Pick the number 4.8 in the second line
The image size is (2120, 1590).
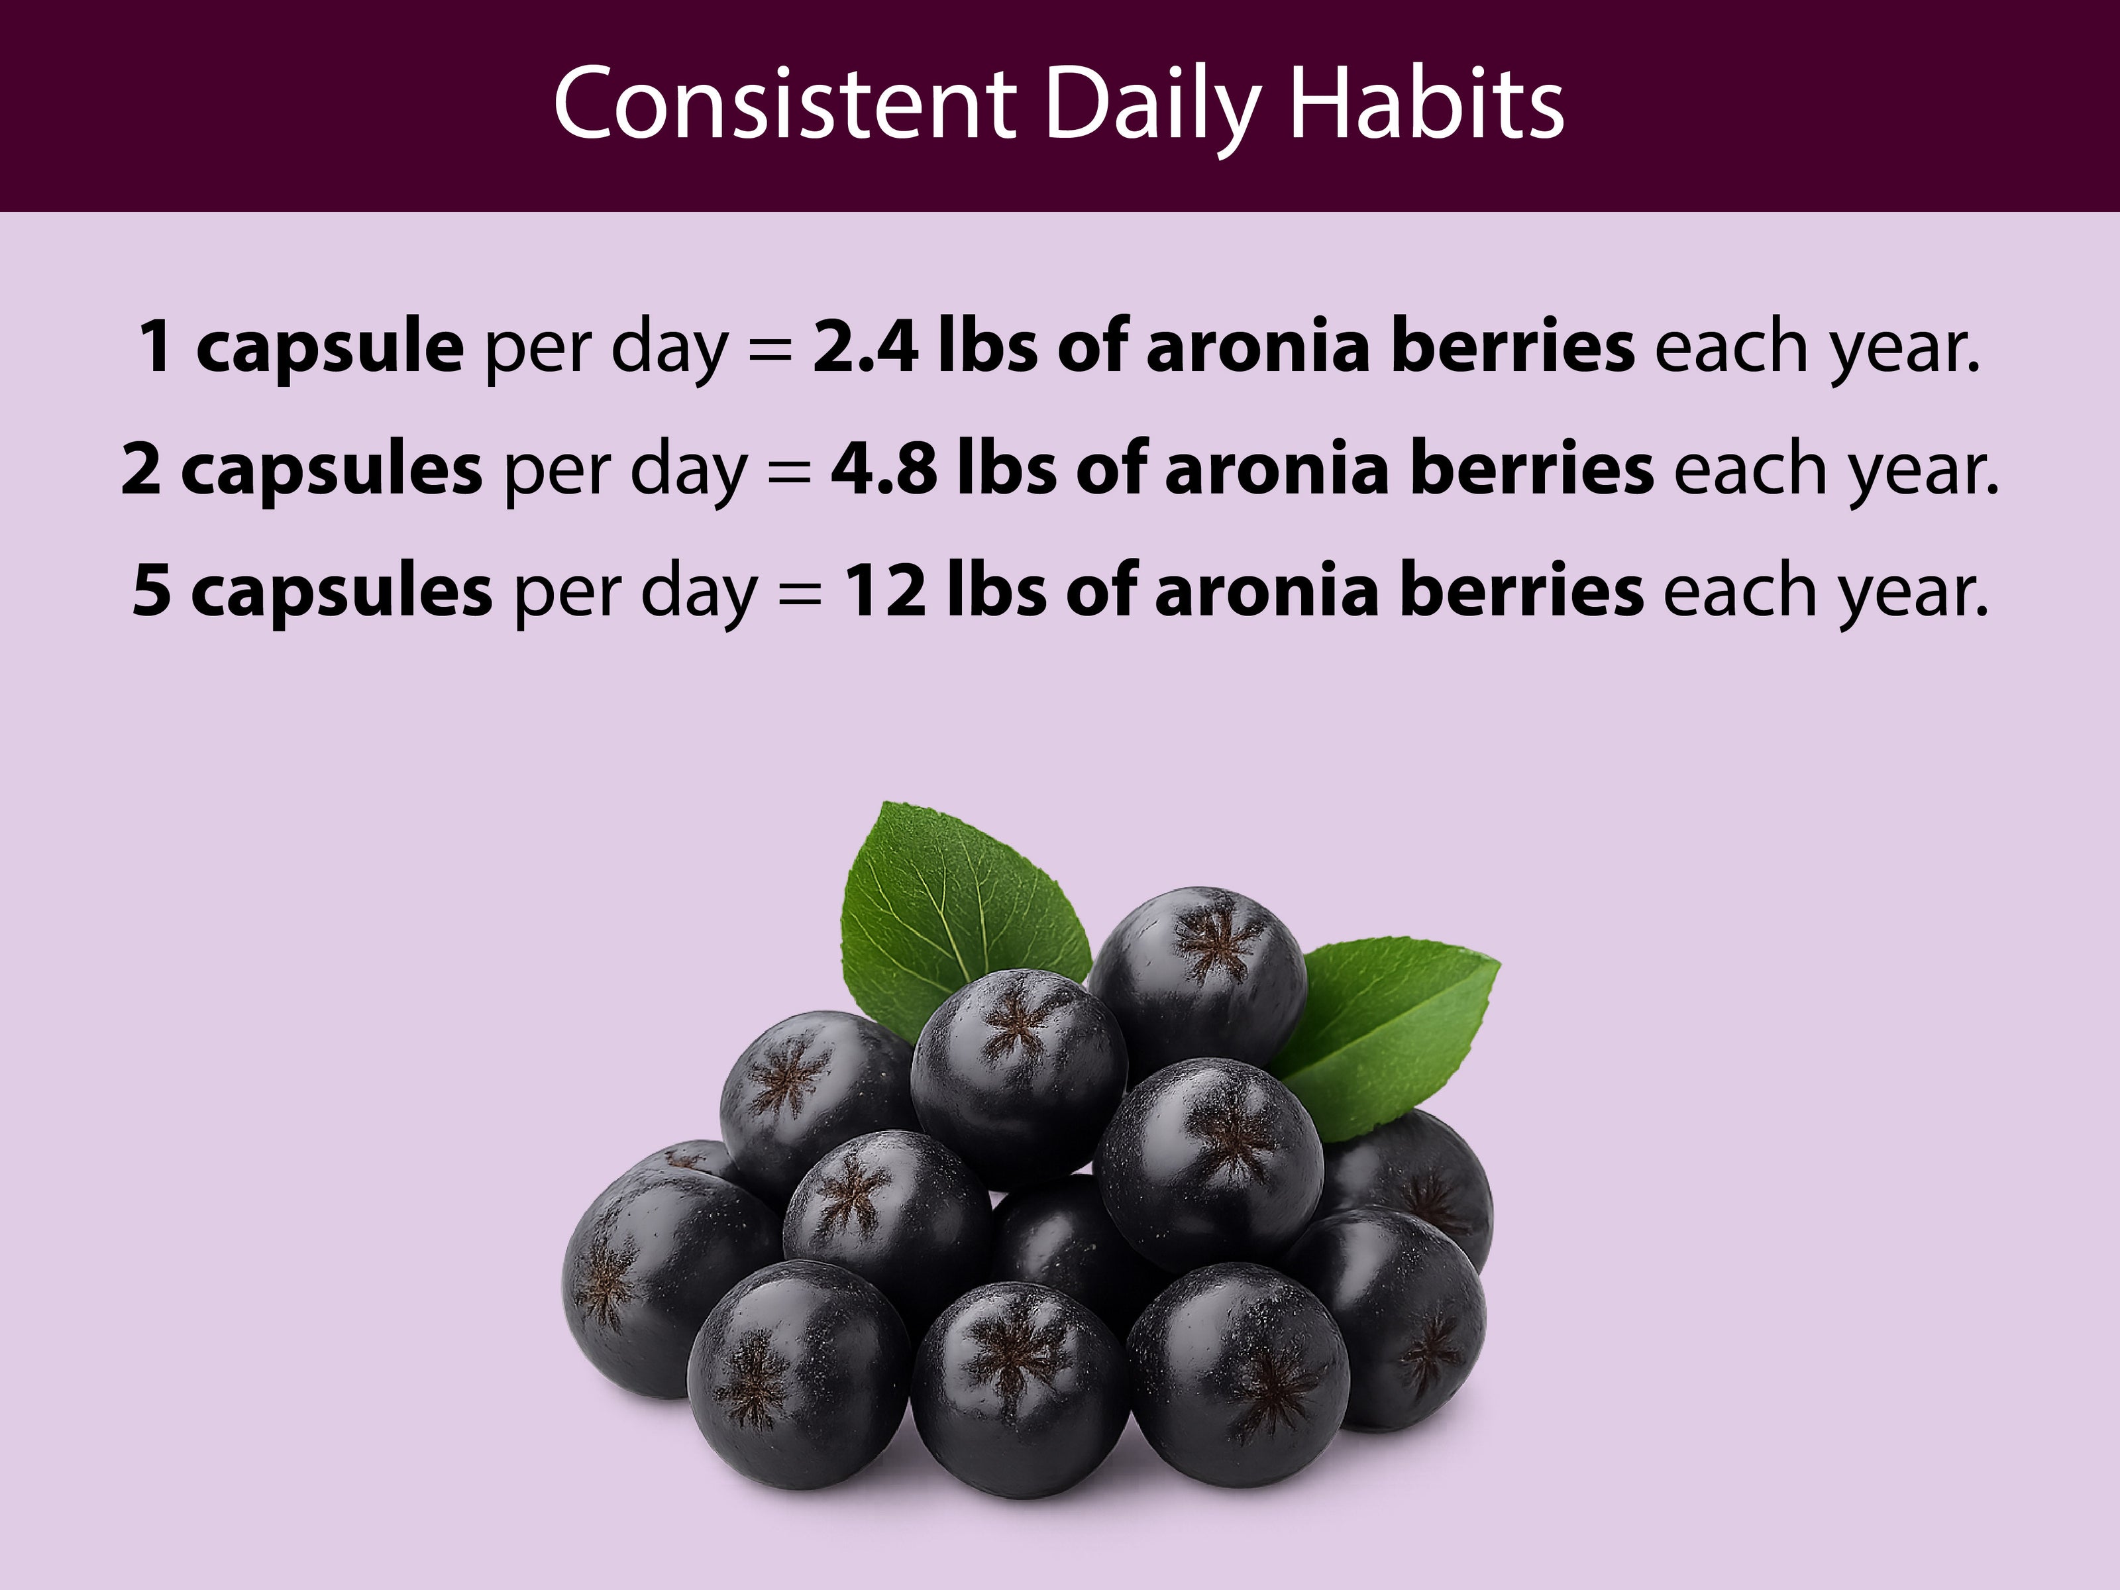point(884,470)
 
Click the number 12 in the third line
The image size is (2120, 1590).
point(886,592)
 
